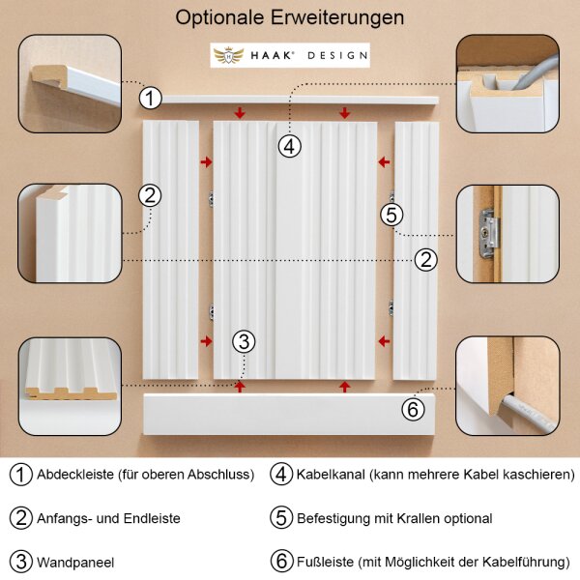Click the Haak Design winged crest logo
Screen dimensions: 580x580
pyautogui.click(x=228, y=55)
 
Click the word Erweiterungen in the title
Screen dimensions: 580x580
pyautogui.click(x=337, y=17)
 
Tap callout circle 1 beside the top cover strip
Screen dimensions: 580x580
pyautogui.click(x=150, y=98)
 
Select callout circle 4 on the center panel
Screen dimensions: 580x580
pyautogui.click(x=290, y=146)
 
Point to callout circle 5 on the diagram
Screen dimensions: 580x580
pyautogui.click(x=392, y=215)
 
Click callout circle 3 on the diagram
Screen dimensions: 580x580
pyautogui.click(x=244, y=341)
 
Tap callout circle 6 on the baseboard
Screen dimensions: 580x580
pyautogui.click(x=413, y=409)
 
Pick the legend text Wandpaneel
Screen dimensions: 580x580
pyautogui.click(x=75, y=563)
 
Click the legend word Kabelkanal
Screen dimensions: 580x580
pyautogui.click(x=331, y=475)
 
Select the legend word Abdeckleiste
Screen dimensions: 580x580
pyautogui.click(x=75, y=475)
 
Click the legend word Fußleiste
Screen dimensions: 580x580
pyautogui.click(x=325, y=562)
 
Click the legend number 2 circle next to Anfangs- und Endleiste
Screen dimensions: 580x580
pyautogui.click(x=21, y=518)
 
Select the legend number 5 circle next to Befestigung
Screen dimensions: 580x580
pyautogui.click(x=281, y=518)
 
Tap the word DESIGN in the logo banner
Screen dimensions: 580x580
pyautogui.click(x=337, y=56)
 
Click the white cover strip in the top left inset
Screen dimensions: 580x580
pyautogui.click(x=93, y=86)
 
